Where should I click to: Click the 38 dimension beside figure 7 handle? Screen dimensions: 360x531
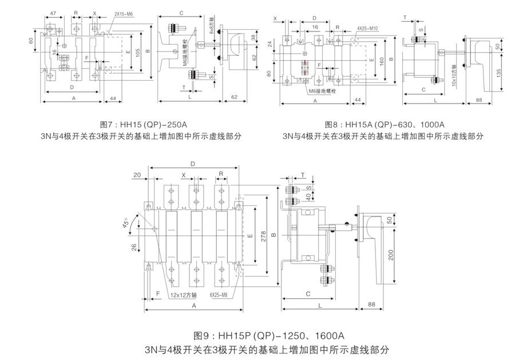[238, 38]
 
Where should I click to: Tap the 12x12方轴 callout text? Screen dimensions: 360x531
[184, 295]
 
